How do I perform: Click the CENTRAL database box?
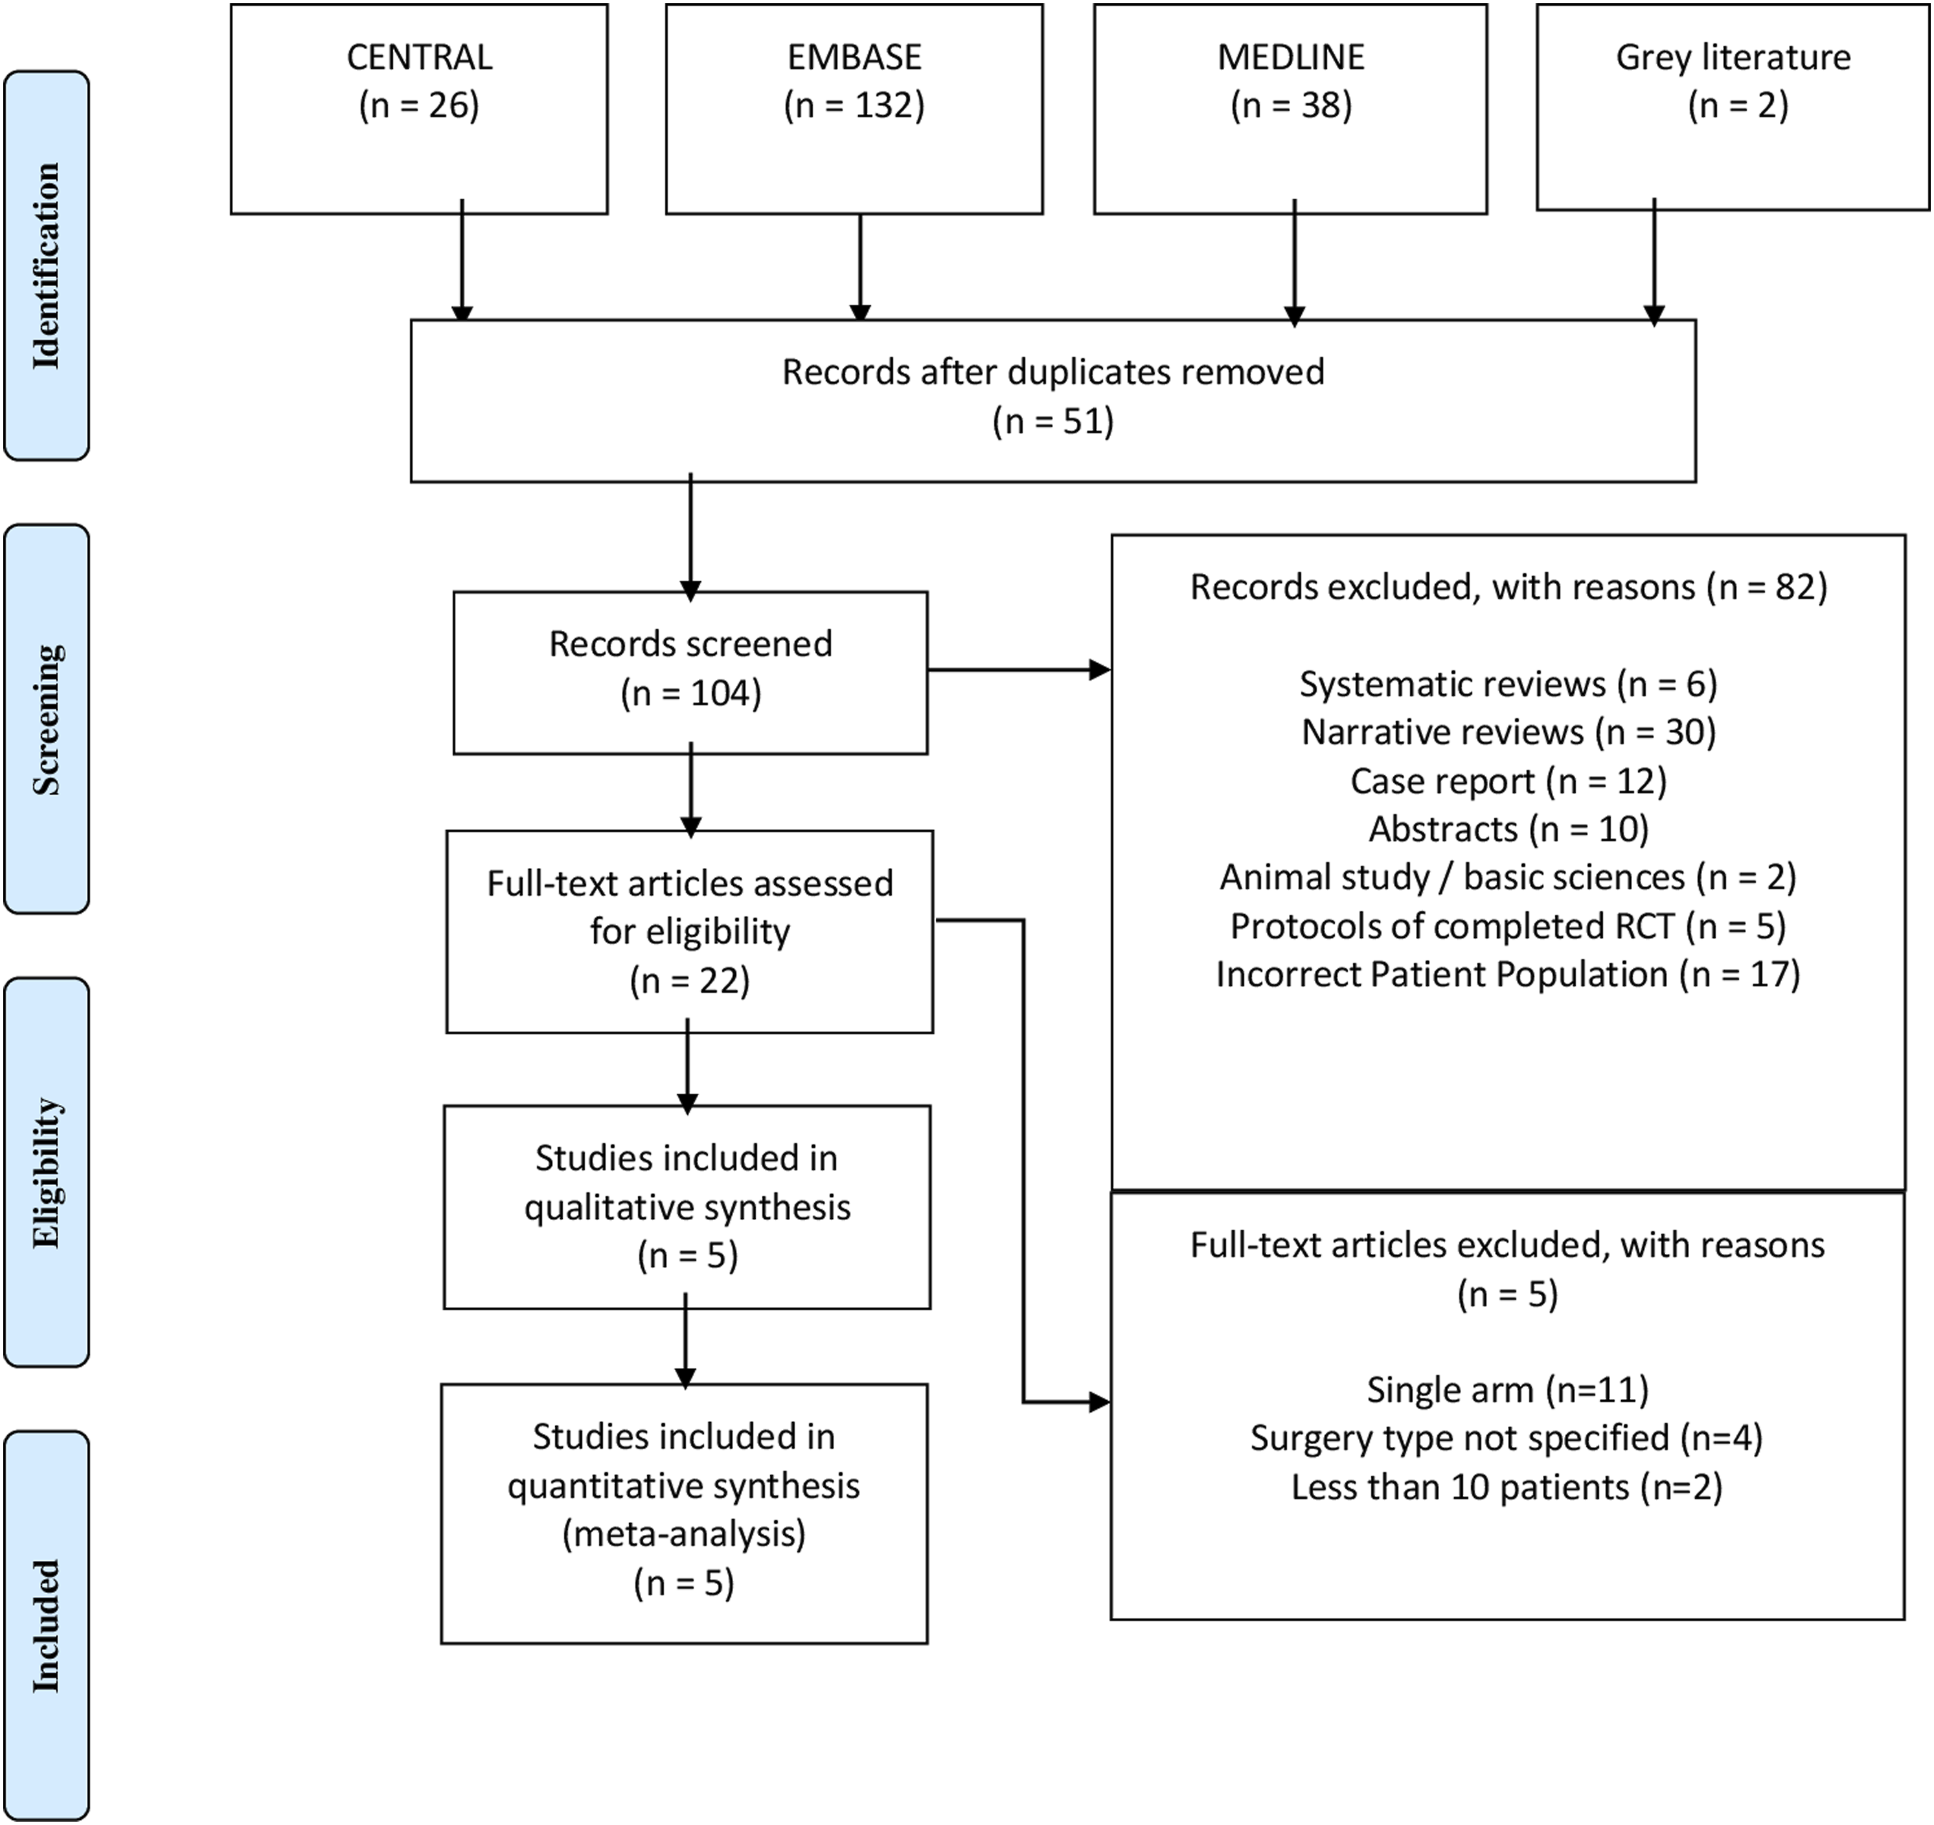(419, 109)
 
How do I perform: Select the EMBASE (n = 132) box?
(854, 109)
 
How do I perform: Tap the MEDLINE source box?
(1290, 109)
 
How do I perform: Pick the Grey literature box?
(1733, 107)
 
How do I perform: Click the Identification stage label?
(47, 266)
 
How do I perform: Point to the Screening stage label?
(47, 719)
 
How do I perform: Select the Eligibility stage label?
(47, 1172)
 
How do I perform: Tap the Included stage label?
(47, 1626)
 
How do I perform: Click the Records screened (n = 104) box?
(690, 673)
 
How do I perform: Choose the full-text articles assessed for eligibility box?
(690, 932)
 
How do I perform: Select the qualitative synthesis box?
(687, 1207)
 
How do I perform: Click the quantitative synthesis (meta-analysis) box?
(684, 1513)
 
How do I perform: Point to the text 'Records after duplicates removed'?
(1054, 372)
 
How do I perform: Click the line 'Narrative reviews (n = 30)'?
(1509, 732)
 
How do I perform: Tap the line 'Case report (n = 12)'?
(1509, 780)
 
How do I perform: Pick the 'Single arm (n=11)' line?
(1508, 1389)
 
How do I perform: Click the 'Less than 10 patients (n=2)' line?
(1507, 1486)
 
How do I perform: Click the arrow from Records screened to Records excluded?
(1019, 669)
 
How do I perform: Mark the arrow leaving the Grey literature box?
(1654, 263)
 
